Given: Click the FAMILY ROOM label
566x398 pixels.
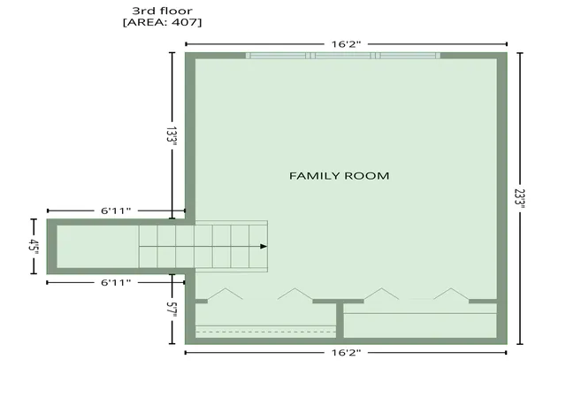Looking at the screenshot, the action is [339, 176].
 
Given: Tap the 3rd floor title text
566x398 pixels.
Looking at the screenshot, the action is [162, 11].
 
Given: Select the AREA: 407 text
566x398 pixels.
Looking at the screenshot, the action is [163, 22].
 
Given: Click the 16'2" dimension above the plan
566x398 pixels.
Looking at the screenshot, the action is [346, 44].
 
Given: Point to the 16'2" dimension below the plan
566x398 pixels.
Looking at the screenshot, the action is [346, 353].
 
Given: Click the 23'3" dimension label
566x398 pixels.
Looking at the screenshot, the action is [520, 199].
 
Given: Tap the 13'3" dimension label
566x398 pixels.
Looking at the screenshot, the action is [172, 136].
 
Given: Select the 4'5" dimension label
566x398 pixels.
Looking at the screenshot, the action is [34, 247].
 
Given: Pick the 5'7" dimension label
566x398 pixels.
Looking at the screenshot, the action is [172, 310].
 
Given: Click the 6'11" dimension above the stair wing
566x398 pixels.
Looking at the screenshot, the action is [116, 210].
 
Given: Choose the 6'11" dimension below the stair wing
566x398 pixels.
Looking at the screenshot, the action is [116, 282].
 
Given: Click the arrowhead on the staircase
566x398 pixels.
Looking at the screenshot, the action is [264, 246].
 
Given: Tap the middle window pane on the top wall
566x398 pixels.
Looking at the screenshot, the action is [343, 56].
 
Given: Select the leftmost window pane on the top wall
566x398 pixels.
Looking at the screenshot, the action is [278, 56].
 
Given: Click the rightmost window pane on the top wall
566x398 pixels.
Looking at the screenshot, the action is [408, 56].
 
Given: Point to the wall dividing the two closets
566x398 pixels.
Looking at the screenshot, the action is [340, 320].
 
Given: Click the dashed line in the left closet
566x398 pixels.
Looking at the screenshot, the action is [265, 332].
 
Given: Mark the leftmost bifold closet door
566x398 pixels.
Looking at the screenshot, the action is [226, 294].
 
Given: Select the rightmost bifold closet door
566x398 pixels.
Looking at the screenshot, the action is [452, 294].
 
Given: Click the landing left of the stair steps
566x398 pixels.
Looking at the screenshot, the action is [98, 247].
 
